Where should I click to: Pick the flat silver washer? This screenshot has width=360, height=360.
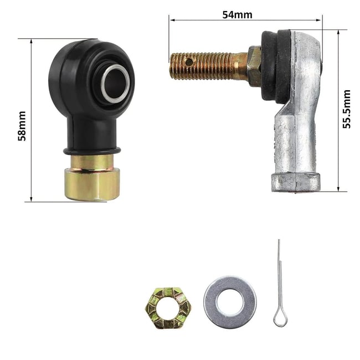click(230, 302)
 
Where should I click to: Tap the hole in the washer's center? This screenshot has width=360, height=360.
click(230, 302)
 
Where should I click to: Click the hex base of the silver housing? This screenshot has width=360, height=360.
click(295, 182)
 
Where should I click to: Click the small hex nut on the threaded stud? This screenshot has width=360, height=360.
click(254, 65)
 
